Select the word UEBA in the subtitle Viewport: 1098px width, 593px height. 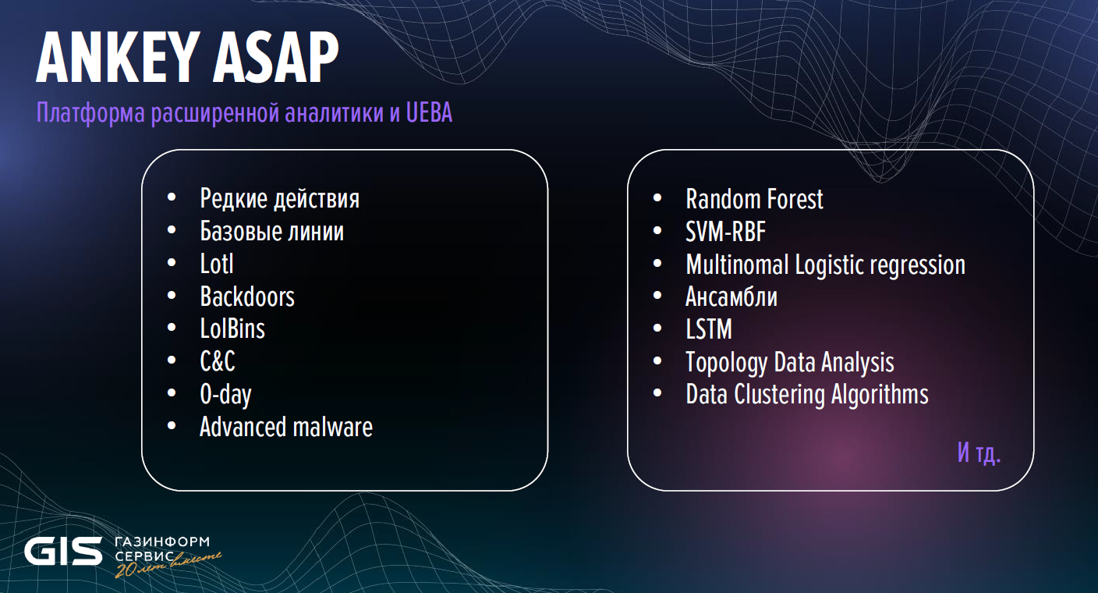(x=429, y=112)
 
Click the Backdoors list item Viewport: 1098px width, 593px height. (x=247, y=296)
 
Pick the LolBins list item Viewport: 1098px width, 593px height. (x=232, y=329)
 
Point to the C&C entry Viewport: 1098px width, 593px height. (x=218, y=361)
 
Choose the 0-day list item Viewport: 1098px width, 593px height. (x=225, y=395)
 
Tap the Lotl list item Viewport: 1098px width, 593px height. (x=217, y=264)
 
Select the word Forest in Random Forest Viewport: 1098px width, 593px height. (x=795, y=199)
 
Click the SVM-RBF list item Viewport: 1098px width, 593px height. (x=725, y=232)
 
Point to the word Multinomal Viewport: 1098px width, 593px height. (x=737, y=265)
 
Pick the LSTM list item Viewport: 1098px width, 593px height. (x=709, y=329)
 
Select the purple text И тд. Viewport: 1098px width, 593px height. (x=979, y=453)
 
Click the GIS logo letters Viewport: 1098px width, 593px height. (x=63, y=551)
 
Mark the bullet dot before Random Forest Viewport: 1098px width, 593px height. (x=657, y=198)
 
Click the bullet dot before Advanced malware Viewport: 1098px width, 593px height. (x=172, y=426)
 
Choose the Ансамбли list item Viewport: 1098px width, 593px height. (x=731, y=296)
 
